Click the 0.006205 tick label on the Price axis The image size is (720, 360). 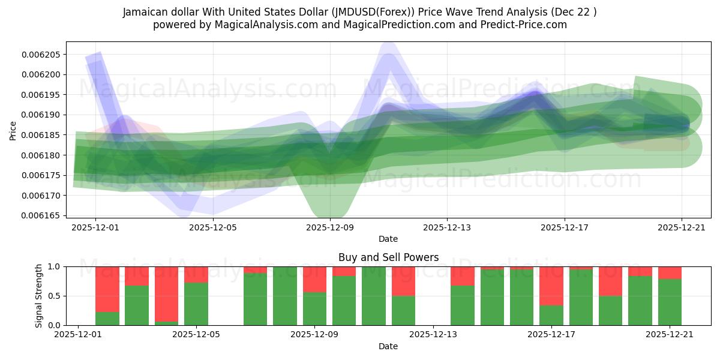coord(41,55)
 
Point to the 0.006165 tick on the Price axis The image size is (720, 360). coord(41,215)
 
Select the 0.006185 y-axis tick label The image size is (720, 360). coord(41,135)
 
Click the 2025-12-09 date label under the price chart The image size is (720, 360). coord(331,228)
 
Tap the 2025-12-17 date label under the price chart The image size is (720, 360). coord(565,228)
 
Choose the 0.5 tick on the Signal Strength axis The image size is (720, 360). coord(53,296)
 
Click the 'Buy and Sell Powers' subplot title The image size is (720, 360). coord(388,258)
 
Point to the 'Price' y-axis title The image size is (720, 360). coord(13,130)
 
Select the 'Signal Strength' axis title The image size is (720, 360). coord(39,296)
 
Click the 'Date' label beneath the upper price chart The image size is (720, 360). coord(388,239)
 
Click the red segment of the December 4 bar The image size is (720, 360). coord(166,294)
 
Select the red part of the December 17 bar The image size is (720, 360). coord(551,286)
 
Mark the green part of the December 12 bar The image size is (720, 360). coord(403,310)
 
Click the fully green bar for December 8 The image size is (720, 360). coord(285,296)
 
